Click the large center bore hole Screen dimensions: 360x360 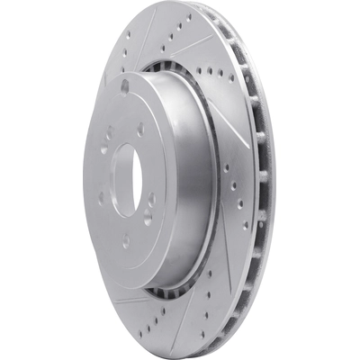coord(123,179)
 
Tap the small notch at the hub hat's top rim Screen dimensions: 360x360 coord(124,86)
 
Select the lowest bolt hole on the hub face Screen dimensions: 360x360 coord(125,241)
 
